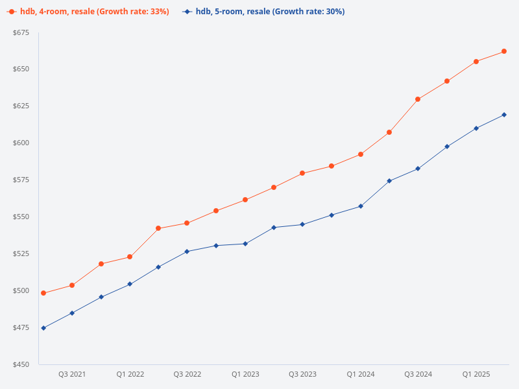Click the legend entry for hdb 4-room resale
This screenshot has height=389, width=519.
tap(88, 12)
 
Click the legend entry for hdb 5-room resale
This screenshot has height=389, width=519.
tap(263, 12)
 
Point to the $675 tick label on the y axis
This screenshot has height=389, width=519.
tap(21, 33)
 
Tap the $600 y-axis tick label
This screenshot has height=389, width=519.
tap(21, 143)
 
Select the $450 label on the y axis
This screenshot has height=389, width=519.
tap(21, 364)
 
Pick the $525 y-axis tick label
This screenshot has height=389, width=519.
tap(21, 253)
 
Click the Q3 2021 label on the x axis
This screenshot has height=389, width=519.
tap(72, 374)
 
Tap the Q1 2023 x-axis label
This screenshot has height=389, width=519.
tap(245, 374)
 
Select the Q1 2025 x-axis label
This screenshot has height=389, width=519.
tap(476, 374)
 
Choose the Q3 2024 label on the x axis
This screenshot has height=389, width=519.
tap(418, 374)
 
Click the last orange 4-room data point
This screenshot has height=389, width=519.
tap(504, 51)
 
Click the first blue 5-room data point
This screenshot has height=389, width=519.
tap(43, 328)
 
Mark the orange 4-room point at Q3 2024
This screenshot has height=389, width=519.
tap(418, 99)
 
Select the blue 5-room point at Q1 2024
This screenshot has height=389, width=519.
tap(361, 206)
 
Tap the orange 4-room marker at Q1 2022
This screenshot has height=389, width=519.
tap(130, 257)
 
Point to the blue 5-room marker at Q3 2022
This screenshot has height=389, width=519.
tap(187, 252)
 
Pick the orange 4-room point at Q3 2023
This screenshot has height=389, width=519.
tap(302, 173)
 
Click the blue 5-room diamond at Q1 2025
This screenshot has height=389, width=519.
tap(476, 128)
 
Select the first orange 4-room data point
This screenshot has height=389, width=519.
tap(43, 293)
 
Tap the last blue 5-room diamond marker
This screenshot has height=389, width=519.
tap(504, 115)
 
